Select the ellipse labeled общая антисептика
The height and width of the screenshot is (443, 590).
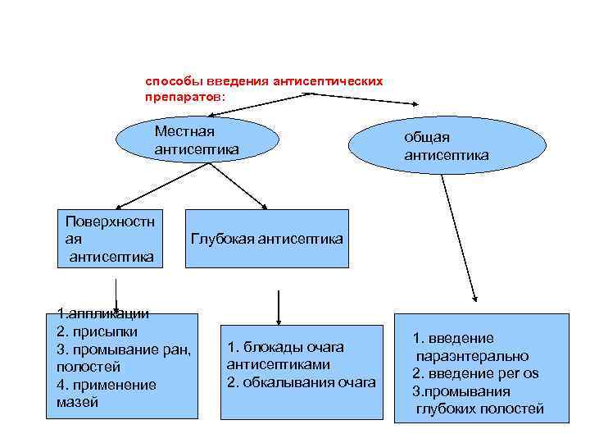click(447, 145)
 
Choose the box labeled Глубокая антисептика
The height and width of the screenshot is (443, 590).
click(266, 239)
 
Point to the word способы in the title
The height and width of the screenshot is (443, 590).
click(168, 82)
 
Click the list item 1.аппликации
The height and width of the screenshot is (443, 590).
click(102, 313)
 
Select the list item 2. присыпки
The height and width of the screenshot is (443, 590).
click(97, 331)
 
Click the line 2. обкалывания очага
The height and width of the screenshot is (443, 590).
click(301, 382)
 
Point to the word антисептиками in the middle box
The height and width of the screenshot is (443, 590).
click(278, 364)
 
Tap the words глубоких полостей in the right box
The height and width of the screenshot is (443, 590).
click(480, 409)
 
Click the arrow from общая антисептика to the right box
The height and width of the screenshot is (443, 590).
click(459, 238)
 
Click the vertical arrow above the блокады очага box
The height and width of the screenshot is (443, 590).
click(279, 304)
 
